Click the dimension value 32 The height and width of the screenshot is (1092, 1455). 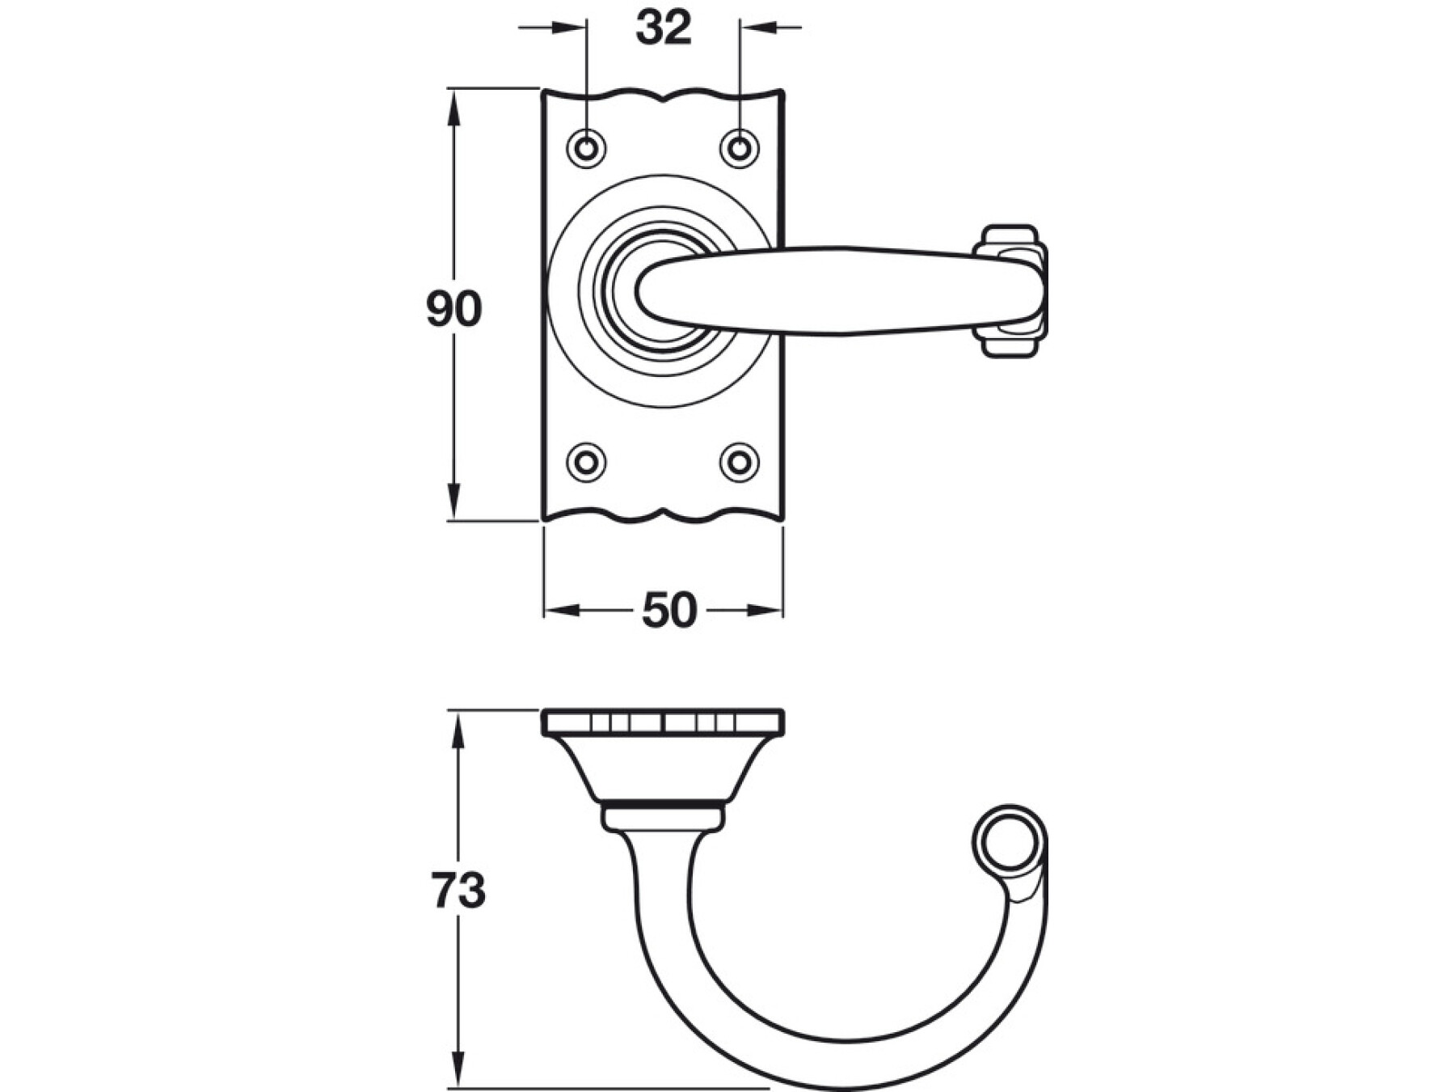pos(664,28)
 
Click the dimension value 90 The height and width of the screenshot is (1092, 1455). pos(454,309)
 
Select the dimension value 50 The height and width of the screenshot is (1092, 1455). pos(668,611)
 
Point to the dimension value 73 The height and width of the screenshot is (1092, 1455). pos(458,891)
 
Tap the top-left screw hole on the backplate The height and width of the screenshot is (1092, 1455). pos(587,148)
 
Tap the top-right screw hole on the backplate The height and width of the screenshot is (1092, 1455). pos(739,148)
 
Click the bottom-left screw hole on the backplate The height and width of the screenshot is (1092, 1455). pos(587,462)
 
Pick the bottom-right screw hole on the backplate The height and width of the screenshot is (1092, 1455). pos(739,462)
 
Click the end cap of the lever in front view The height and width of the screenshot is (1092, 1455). pos(1010,290)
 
